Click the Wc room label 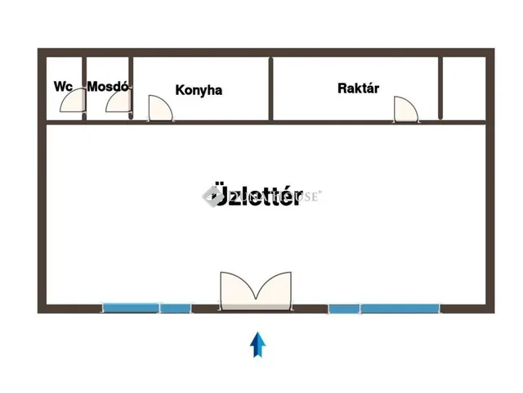click(63, 87)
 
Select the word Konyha click(199, 90)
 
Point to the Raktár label click(358, 88)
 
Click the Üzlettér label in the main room click(256, 197)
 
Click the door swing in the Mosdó click(118, 102)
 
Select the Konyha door click(159, 108)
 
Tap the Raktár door click(405, 109)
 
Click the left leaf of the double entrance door click(237, 290)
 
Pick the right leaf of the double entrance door click(274, 290)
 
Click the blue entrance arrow click(258, 345)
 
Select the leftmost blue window click(131, 309)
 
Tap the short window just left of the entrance click(175, 309)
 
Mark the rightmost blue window click(400, 309)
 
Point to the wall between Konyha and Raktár click(270, 88)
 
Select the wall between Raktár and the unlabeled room click(441, 88)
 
